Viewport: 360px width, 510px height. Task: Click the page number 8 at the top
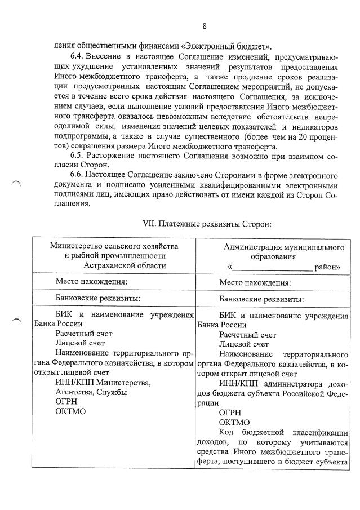[205, 26]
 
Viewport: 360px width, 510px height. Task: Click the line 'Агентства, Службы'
[91, 392]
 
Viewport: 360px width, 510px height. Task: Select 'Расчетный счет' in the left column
[83, 334]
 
